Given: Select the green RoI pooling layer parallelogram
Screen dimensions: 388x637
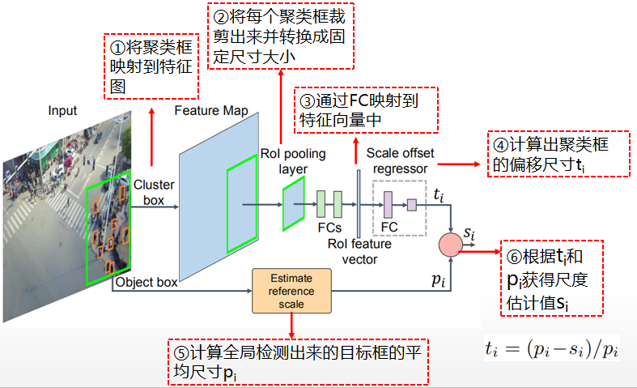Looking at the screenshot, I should coord(293,205).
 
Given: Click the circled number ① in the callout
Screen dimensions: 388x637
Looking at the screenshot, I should coord(117,47).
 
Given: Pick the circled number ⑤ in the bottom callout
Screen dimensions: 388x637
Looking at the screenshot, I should coord(180,354).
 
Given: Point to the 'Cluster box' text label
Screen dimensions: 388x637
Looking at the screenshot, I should coord(154,191).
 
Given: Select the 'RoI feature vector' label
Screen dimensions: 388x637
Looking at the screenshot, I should coord(360,250).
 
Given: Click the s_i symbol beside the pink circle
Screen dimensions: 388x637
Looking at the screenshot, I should coord(469,234).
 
